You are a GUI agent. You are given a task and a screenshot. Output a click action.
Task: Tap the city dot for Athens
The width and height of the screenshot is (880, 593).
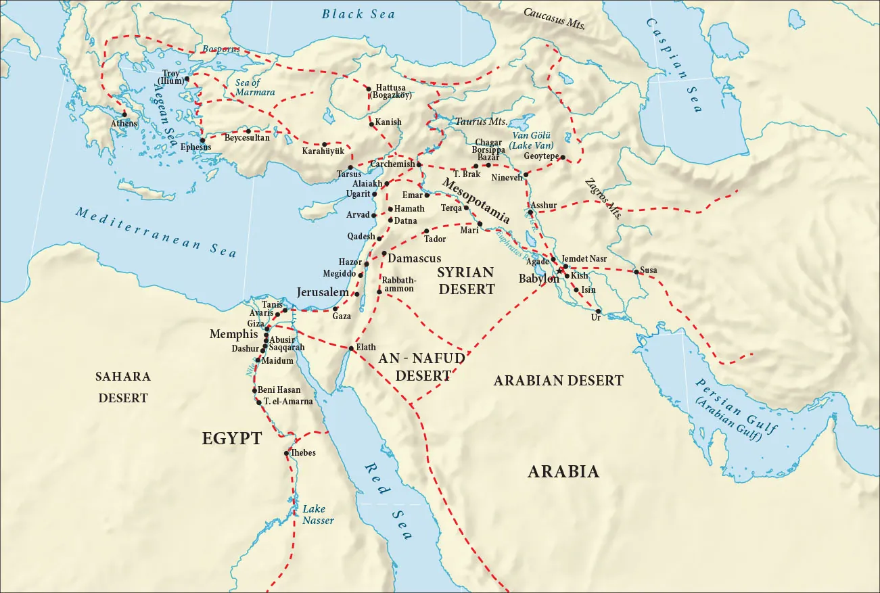point(124,114)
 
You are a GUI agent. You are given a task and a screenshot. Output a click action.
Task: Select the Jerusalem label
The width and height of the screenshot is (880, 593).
point(323,292)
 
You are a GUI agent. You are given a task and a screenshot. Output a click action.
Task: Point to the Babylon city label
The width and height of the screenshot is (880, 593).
point(538,279)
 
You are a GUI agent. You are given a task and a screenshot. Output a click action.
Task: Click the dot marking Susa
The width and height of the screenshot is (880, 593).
point(636,272)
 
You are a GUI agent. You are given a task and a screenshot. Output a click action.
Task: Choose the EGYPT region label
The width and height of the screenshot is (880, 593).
point(231,439)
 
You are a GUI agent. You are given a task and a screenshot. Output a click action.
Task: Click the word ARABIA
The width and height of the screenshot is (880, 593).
point(563,472)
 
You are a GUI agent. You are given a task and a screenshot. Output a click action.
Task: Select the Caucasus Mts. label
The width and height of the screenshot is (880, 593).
point(554,18)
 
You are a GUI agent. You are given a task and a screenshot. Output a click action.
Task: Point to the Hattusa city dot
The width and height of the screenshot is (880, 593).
point(367,89)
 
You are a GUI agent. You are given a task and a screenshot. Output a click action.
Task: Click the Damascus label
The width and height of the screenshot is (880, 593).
point(415,258)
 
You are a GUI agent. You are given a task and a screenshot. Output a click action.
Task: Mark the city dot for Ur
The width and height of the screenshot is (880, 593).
point(598,311)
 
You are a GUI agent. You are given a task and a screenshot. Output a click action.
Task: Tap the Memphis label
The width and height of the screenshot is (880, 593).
point(234,334)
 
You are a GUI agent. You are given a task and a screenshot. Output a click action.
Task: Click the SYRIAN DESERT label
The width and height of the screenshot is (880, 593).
point(465,281)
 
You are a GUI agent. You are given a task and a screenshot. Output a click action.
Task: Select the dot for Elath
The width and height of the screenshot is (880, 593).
point(351,348)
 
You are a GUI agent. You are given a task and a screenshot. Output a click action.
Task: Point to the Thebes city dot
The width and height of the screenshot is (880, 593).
point(287,454)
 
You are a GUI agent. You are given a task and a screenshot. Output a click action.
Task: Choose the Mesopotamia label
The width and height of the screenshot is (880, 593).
point(476,201)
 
